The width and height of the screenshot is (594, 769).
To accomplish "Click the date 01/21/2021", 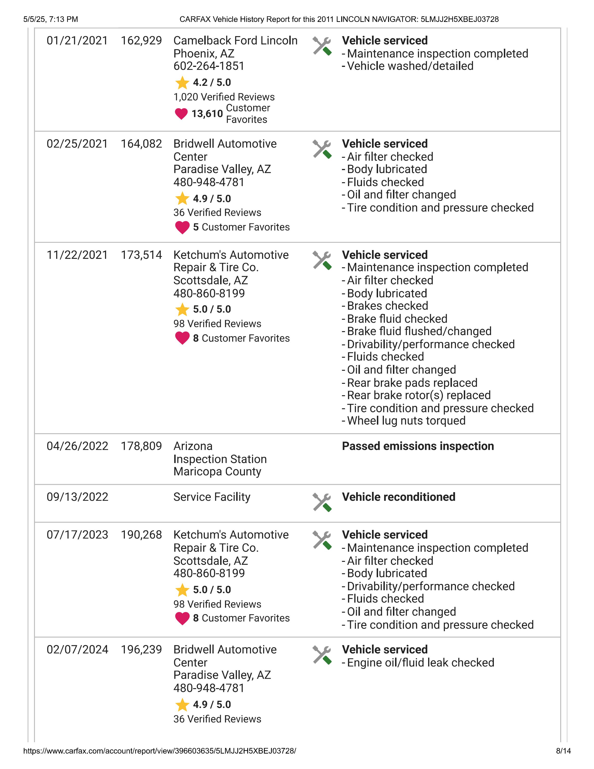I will [77, 41].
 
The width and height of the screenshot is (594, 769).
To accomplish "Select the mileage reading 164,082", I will [141, 144].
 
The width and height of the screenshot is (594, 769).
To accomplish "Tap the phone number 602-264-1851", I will [209, 66].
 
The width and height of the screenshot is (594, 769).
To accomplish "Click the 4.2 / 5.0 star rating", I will [212, 82].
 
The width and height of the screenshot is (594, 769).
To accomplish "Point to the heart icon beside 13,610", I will [181, 114].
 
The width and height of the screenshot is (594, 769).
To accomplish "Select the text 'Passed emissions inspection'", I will [418, 446].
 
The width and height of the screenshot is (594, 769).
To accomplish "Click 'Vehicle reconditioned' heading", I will [398, 497].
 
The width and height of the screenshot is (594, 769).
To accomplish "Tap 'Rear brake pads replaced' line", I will [412, 383].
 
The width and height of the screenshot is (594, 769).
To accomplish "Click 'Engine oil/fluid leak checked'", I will [420, 663].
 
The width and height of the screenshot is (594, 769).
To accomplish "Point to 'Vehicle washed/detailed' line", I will [410, 66].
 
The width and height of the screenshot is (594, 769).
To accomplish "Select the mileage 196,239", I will [141, 650].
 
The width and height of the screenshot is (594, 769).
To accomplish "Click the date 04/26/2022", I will [77, 446].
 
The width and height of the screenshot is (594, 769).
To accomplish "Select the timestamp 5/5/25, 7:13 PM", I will [51, 19].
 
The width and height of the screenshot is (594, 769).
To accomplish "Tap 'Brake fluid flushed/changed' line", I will [419, 331].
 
